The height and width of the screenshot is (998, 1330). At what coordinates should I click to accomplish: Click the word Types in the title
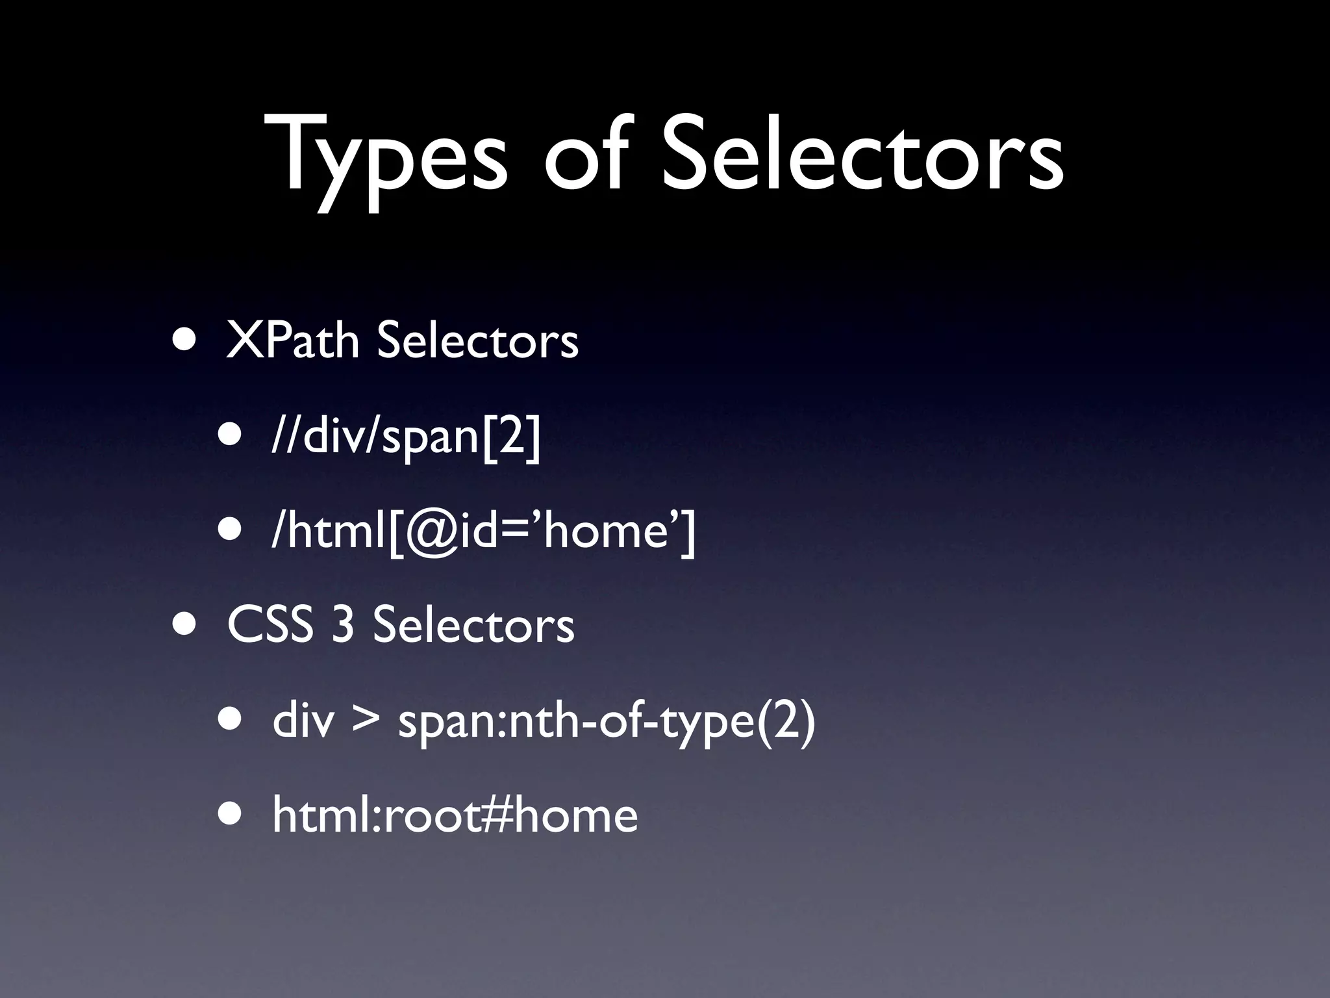[386, 156]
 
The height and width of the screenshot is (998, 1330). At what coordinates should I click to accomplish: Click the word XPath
[292, 340]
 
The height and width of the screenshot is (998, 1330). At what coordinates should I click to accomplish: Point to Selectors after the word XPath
[477, 340]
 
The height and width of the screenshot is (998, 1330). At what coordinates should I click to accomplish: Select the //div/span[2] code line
[406, 437]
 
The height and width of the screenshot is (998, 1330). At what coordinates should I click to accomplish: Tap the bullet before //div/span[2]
[232, 437]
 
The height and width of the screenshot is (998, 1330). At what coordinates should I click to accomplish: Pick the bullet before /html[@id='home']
[232, 531]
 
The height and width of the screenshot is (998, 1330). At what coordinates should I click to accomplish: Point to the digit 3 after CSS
[343, 625]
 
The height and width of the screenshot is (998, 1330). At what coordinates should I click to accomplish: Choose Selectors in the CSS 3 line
[473, 625]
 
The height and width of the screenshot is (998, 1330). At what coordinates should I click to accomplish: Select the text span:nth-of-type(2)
[606, 723]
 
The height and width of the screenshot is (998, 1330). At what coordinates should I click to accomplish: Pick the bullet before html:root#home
[232, 815]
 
